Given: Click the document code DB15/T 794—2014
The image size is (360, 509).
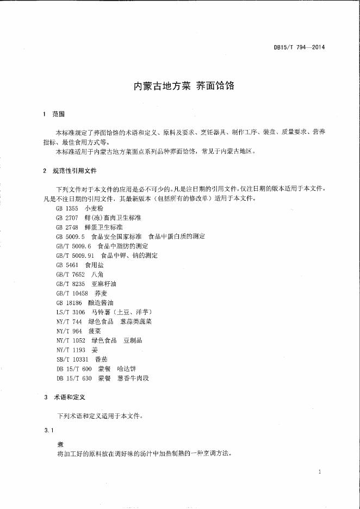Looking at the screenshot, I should [x=299, y=47].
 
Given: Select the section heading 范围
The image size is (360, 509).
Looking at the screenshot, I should [x=59, y=114].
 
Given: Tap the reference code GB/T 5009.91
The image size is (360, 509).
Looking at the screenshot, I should [x=76, y=255].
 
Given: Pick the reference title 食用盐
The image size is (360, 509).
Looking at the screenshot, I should [x=95, y=265].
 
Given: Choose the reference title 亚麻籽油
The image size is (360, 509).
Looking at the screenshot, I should [x=105, y=284].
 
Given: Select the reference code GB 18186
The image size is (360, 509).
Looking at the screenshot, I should [x=69, y=302].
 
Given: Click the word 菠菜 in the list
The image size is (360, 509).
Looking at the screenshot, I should [x=95, y=331].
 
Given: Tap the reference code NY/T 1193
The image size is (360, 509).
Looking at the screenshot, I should [x=70, y=350].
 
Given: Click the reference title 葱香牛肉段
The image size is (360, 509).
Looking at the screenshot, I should [x=133, y=378].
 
